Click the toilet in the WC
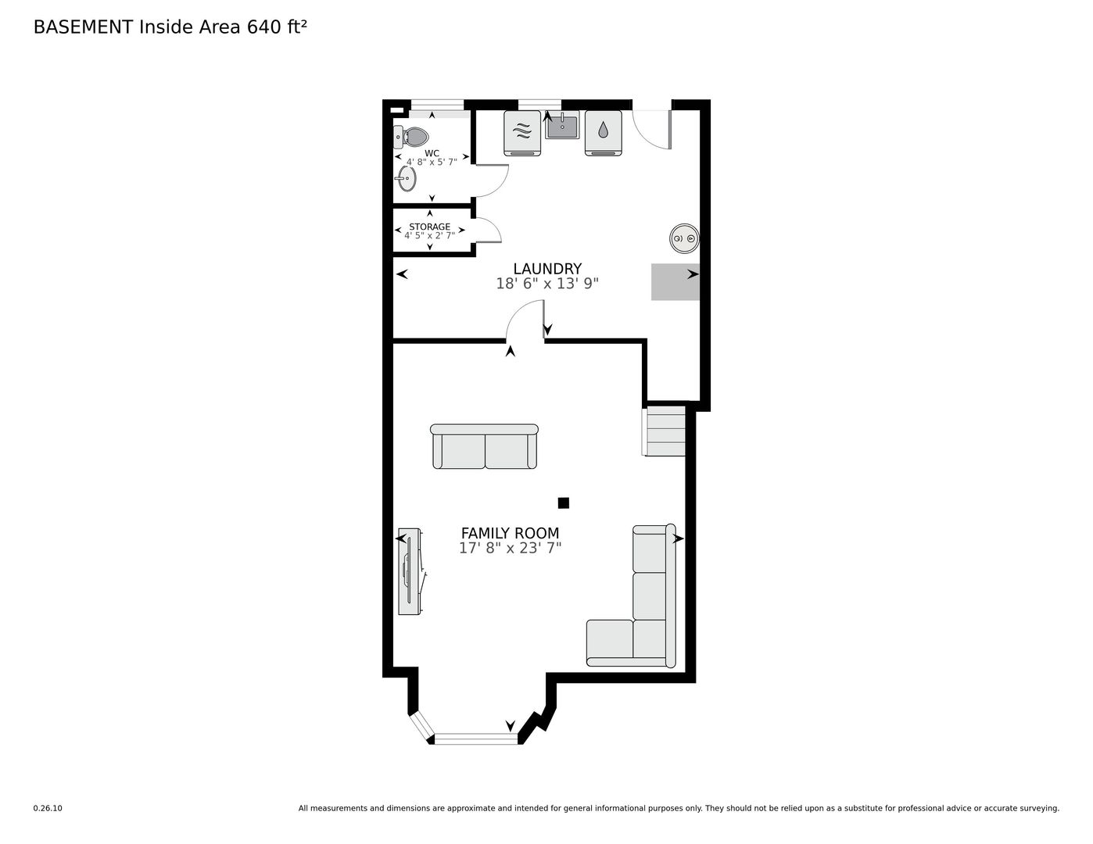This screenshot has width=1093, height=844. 410,137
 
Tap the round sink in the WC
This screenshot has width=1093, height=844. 407,178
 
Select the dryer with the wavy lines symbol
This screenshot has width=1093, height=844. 522,133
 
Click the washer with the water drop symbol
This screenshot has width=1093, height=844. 603,133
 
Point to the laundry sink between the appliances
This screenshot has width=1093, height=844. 562,125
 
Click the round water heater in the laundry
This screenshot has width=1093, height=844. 684,238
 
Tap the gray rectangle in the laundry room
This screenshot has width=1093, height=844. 675,282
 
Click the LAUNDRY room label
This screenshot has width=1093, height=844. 547,268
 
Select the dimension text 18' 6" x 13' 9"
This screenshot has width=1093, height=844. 547,284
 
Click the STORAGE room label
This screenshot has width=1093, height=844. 429,227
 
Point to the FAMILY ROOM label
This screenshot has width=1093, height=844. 510,533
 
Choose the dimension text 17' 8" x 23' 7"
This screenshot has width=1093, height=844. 510,548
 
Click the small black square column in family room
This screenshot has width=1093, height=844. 564,502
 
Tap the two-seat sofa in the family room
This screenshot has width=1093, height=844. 485,446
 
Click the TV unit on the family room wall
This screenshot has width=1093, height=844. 410,571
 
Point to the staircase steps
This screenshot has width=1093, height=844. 664,431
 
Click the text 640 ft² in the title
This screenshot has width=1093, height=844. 277,27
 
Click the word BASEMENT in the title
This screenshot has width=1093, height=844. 83,27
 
